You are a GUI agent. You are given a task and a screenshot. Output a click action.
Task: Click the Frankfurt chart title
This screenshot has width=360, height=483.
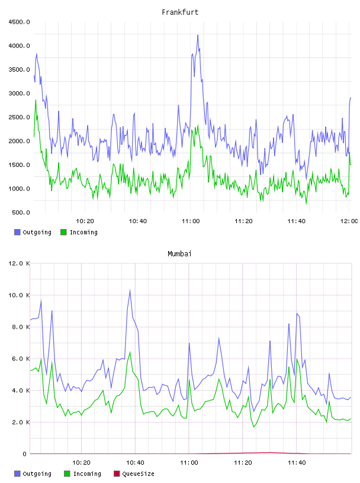[180, 12]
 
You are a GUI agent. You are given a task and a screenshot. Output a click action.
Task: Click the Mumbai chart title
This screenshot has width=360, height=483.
[179, 254]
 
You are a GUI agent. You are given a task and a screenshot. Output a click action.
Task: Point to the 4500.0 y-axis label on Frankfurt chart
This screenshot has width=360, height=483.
[19, 22]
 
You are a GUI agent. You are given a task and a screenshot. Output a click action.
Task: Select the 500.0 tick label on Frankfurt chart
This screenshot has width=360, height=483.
[21, 212]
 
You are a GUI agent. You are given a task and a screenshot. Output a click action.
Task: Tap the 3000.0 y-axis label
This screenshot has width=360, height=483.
[19, 94]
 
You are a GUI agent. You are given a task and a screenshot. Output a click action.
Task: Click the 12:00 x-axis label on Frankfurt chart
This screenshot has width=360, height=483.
[349, 221]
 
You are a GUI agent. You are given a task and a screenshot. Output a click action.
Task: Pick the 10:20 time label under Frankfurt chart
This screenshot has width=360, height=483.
[85, 221]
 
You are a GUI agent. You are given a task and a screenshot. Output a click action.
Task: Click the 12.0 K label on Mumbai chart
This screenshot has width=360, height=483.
[19, 263]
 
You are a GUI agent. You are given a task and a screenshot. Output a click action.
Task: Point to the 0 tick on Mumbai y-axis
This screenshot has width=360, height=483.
[24, 454]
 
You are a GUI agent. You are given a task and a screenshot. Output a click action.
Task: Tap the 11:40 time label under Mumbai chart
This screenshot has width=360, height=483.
[297, 463]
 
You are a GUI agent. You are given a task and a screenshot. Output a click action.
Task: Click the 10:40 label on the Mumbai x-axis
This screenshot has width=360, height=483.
[135, 463]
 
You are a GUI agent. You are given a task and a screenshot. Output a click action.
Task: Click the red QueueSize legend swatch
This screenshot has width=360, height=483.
[117, 474]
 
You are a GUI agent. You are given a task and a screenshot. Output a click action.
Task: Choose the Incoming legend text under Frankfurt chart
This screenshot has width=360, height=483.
[83, 232]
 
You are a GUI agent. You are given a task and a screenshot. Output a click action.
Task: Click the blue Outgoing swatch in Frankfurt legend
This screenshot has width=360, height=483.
[17, 232]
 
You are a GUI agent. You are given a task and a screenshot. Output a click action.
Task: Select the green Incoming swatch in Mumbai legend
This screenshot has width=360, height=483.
[67, 474]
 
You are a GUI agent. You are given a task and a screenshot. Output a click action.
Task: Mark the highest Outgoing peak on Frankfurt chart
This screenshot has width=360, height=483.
[198, 35]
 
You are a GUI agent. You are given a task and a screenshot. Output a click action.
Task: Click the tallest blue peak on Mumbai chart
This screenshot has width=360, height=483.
[130, 290]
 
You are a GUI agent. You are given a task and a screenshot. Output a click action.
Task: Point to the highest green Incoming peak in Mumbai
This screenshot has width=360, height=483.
[130, 352]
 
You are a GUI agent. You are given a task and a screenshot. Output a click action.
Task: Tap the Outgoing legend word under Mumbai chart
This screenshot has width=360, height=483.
[37, 474]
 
